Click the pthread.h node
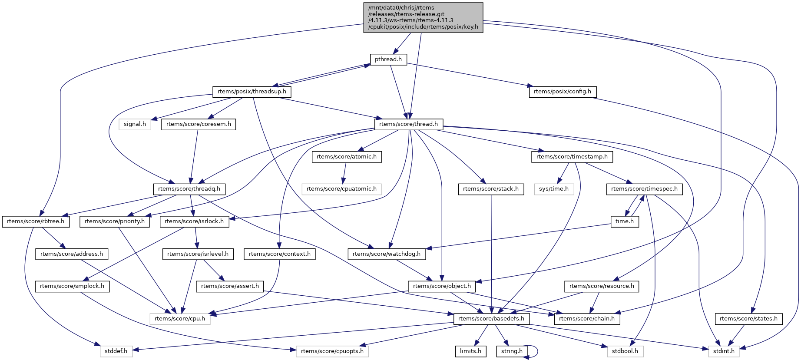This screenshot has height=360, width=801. coord(388,59)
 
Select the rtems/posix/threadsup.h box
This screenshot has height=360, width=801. coord(252,92)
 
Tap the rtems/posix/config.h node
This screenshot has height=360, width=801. coord(563,92)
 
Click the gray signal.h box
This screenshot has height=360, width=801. coord(135,124)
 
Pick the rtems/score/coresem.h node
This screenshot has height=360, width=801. coord(199,124)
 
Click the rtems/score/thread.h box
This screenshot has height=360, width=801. coord(408,124)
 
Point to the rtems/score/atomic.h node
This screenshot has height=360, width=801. coord(347,157)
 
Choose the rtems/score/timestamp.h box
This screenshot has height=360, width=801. coord(572,157)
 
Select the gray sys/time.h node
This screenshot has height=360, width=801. coord(554,189)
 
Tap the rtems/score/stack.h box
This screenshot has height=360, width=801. coord(491,189)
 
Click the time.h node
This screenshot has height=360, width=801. coord(625,221)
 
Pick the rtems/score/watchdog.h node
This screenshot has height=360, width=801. coord(387,254)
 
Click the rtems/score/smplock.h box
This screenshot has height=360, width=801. coord(72,286)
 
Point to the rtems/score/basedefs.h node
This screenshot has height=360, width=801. coord(491,319)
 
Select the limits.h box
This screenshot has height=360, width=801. coord(471,351)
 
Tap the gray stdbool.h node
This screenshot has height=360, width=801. coord(625,351)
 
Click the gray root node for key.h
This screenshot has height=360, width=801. coord(423,17)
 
